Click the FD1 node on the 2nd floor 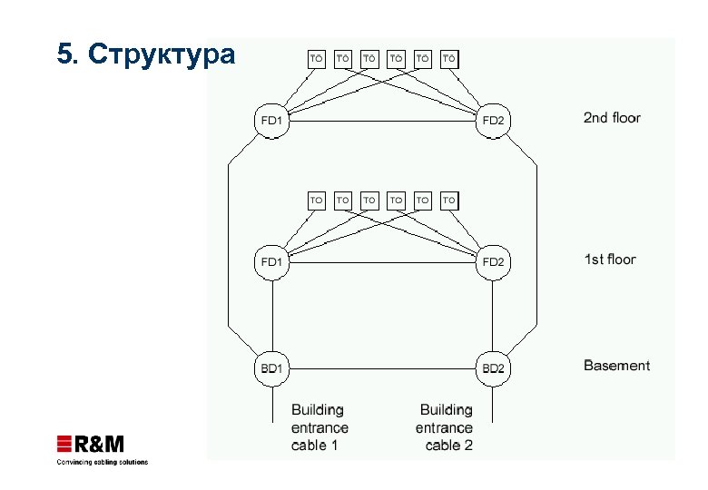pyautogui.click(x=272, y=120)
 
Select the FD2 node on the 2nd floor pyautogui.click(x=493, y=120)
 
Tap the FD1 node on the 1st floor pyautogui.click(x=272, y=262)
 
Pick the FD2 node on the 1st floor pyautogui.click(x=493, y=262)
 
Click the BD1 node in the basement pyautogui.click(x=272, y=368)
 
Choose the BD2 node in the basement pyautogui.click(x=493, y=368)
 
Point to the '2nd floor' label pyautogui.click(x=611, y=118)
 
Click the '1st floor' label pyautogui.click(x=609, y=260)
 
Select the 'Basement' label pyautogui.click(x=616, y=366)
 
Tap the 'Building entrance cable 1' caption pyautogui.click(x=320, y=427)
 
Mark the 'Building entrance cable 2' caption pyautogui.click(x=445, y=427)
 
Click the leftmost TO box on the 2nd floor pyautogui.click(x=317, y=59)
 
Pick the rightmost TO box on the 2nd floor pyautogui.click(x=449, y=59)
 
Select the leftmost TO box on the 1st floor pyautogui.click(x=317, y=200)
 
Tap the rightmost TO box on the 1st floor pyautogui.click(x=449, y=200)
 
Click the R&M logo pyautogui.click(x=91, y=444)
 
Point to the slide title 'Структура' pyautogui.click(x=145, y=55)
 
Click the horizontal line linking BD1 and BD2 pyautogui.click(x=381, y=369)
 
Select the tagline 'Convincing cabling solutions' pyautogui.click(x=102, y=462)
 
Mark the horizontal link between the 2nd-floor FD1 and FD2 pyautogui.click(x=381, y=121)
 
